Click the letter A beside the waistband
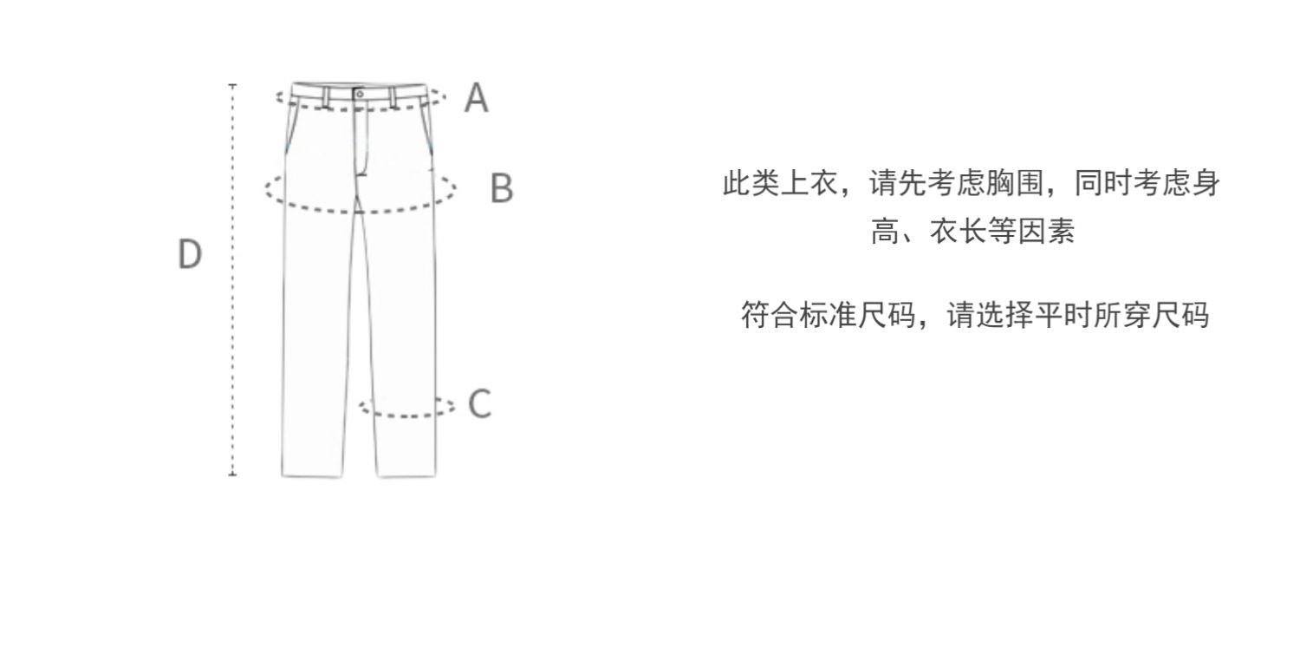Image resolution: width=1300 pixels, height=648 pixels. [477, 97]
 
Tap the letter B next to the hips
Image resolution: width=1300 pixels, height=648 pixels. [502, 187]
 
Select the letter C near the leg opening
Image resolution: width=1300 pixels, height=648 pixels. [480, 403]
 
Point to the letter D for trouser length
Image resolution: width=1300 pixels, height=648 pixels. [190, 254]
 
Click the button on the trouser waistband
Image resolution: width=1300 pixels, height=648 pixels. [360, 94]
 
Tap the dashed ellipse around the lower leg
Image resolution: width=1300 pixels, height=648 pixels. [406, 416]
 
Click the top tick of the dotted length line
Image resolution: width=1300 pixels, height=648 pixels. [232, 85]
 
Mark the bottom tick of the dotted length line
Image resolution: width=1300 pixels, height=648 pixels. [232, 475]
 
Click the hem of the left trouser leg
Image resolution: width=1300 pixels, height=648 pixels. [312, 476]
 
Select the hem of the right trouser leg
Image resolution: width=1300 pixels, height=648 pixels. [406, 476]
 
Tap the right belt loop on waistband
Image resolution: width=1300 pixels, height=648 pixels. [393, 97]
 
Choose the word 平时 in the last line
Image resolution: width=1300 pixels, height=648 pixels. [1063, 315]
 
